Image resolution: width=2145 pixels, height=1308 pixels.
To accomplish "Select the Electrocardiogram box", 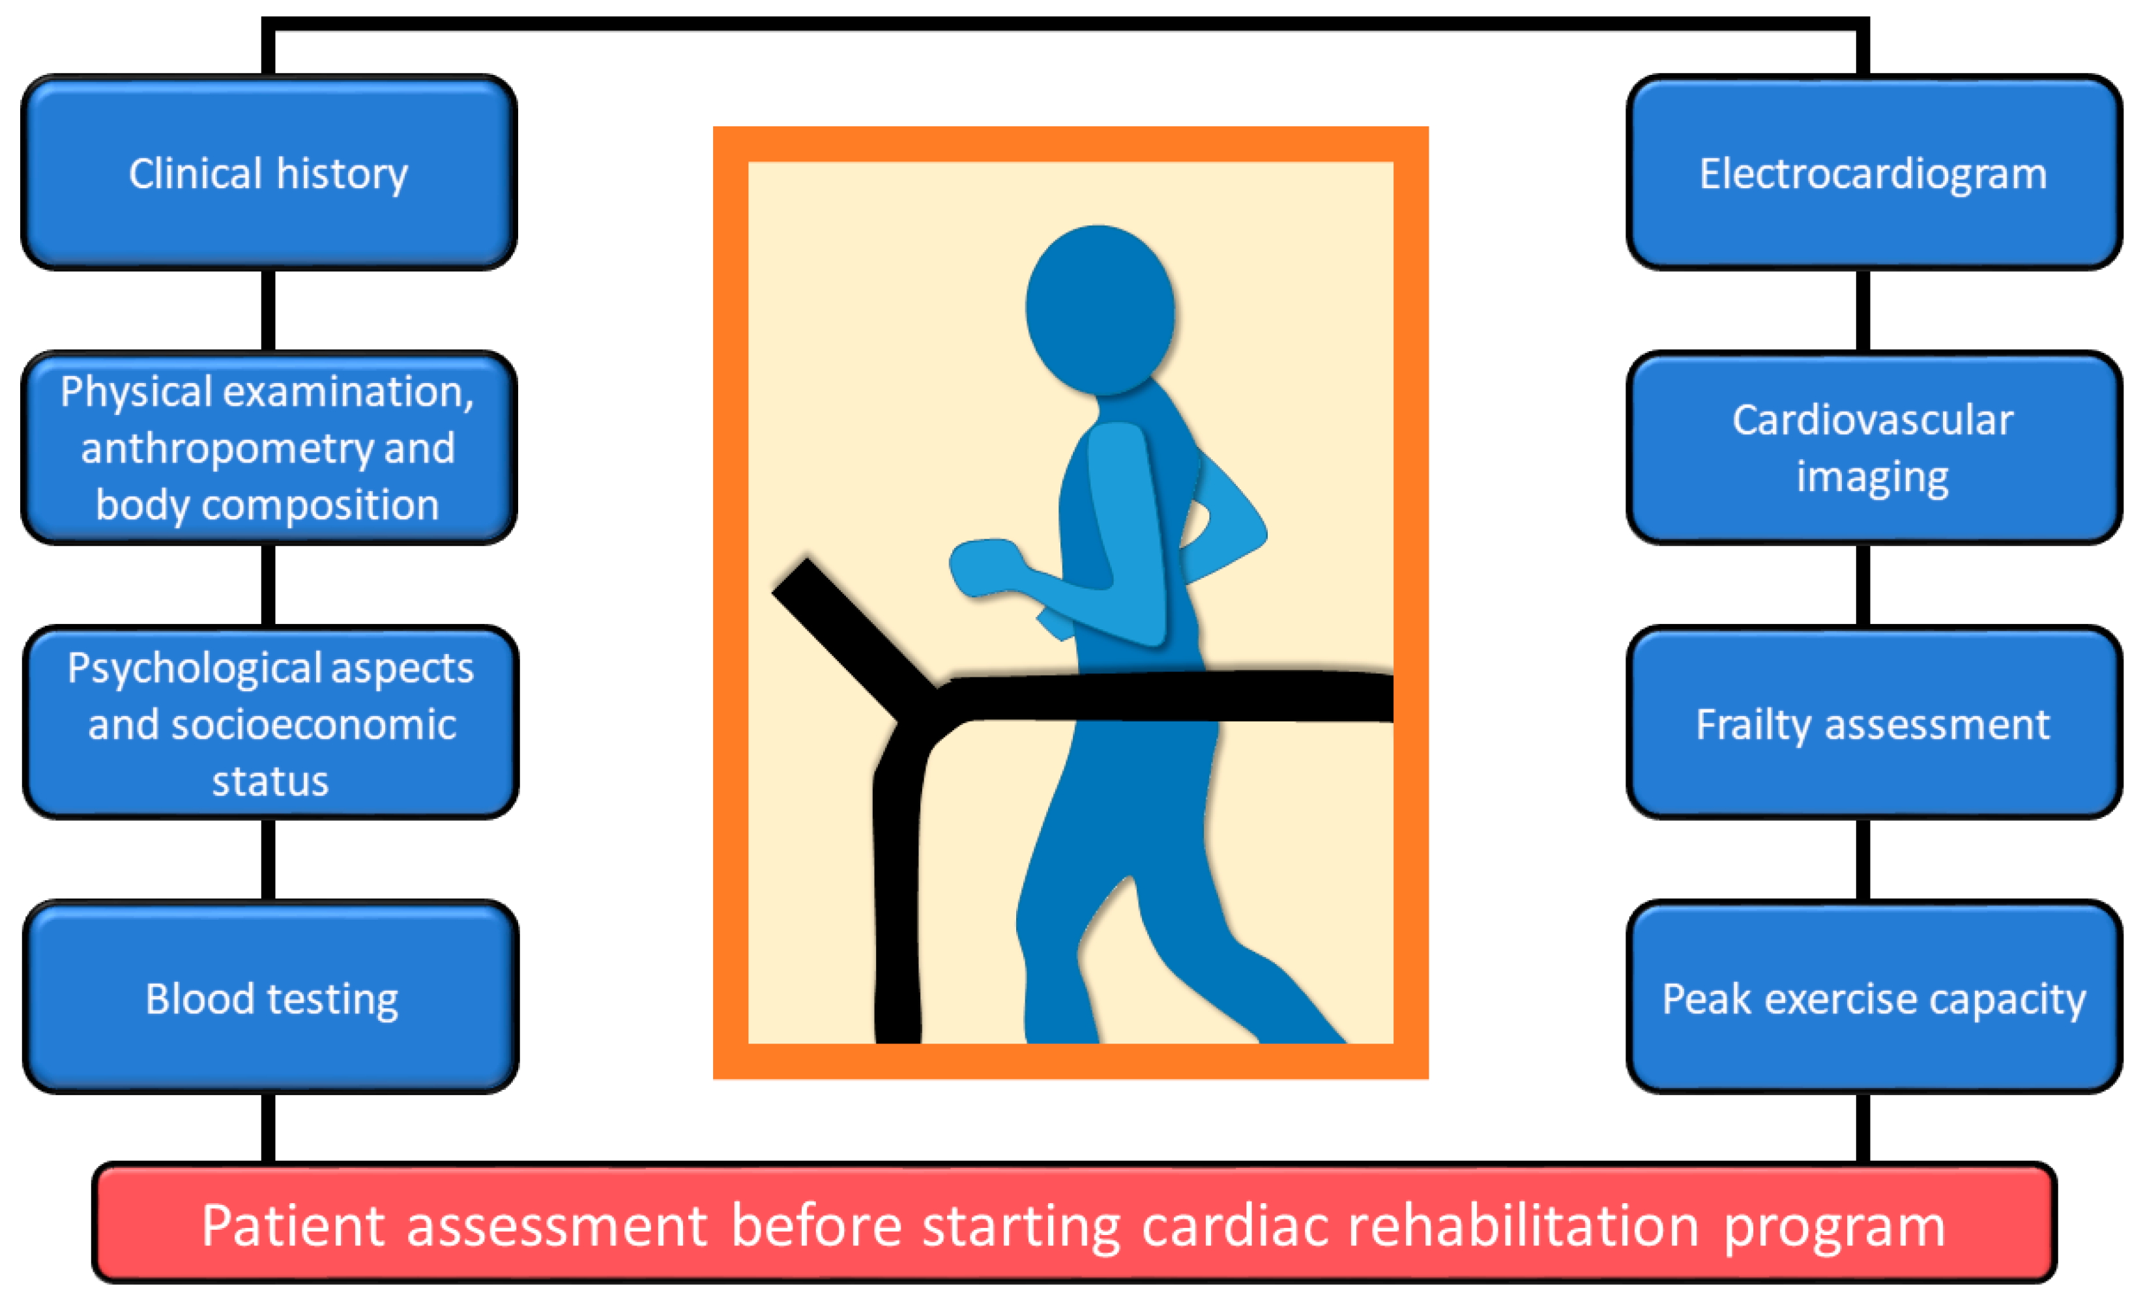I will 1873,173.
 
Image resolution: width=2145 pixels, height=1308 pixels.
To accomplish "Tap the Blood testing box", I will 270,997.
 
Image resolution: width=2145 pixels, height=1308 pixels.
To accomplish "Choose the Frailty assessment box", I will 1873,723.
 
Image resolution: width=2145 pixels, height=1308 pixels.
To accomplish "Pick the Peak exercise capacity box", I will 1873,997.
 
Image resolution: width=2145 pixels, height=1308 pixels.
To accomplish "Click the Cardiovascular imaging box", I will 1873,448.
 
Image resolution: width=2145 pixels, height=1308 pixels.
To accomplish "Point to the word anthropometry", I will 227,449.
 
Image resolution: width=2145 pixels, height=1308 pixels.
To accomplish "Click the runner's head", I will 1100,309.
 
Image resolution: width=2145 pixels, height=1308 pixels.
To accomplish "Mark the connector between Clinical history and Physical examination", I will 268,310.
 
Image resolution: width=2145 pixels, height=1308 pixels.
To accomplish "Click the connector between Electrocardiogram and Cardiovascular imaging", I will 1863,310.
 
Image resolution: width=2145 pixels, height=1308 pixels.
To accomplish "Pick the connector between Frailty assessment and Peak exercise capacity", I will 1863,860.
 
